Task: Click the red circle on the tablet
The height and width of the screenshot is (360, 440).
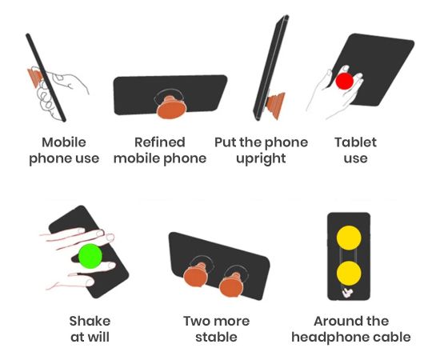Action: point(344,81)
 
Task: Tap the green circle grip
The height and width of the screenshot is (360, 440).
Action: point(90,256)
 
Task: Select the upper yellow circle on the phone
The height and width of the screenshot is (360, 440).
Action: point(349,238)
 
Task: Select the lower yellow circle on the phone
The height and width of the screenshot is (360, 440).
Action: point(349,274)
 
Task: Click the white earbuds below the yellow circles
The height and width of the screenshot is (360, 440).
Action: point(347,293)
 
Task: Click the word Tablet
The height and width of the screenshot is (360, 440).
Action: point(355,142)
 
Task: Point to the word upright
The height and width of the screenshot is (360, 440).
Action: point(261,159)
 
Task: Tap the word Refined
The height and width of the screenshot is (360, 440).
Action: point(160,142)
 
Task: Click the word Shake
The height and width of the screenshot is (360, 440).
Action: point(90,321)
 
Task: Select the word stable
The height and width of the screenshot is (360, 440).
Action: point(216,337)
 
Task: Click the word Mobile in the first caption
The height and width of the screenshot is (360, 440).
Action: point(64,142)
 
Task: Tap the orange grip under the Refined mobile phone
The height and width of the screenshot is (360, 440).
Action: point(171,107)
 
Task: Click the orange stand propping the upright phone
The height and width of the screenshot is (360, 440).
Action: point(276,105)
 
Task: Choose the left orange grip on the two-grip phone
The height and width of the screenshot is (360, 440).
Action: point(197,274)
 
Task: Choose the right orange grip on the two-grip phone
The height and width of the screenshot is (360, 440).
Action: point(231,285)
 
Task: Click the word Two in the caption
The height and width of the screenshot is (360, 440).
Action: point(196,321)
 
